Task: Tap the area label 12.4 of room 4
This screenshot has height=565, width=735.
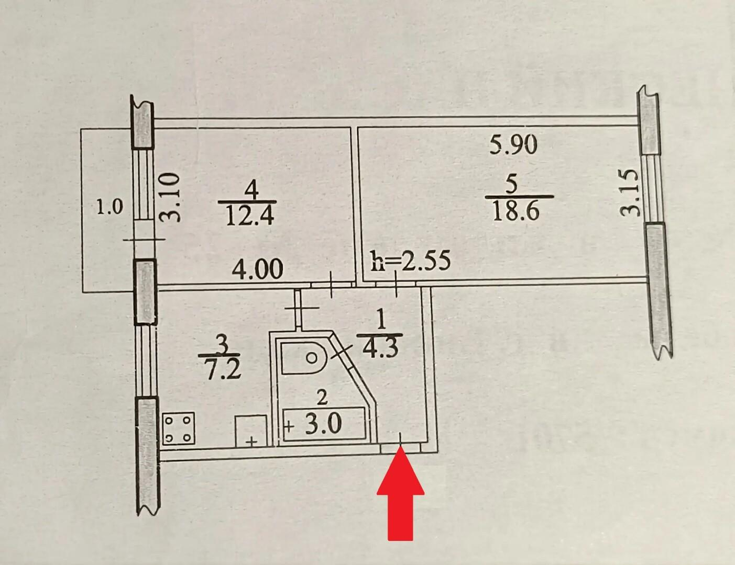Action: point(249,216)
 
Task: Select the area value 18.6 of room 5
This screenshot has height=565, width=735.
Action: point(516,211)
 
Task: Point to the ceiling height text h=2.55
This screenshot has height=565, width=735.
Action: point(411,261)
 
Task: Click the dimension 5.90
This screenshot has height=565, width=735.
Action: point(513,145)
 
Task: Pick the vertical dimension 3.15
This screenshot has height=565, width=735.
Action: point(630,193)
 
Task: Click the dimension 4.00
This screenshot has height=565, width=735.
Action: point(258,269)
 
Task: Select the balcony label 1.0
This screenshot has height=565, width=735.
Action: point(109,207)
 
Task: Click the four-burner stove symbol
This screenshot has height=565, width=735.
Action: point(179,427)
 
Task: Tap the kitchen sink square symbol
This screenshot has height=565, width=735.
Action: point(251,431)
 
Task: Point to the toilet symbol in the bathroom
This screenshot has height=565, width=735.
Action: point(303,358)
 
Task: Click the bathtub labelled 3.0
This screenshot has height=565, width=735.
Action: point(324,424)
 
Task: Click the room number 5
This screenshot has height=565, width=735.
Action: point(513,185)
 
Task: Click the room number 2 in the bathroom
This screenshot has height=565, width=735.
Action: point(322,399)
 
